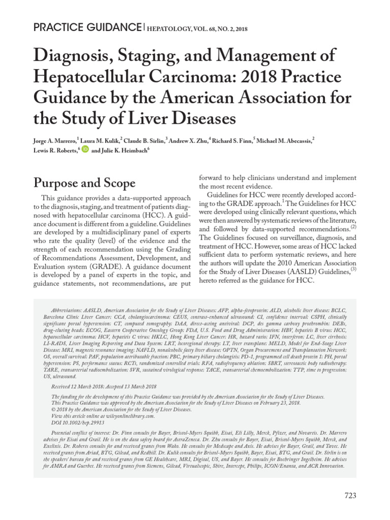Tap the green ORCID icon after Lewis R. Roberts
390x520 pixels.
pos(85,150)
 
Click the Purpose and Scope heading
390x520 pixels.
pos(84,183)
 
